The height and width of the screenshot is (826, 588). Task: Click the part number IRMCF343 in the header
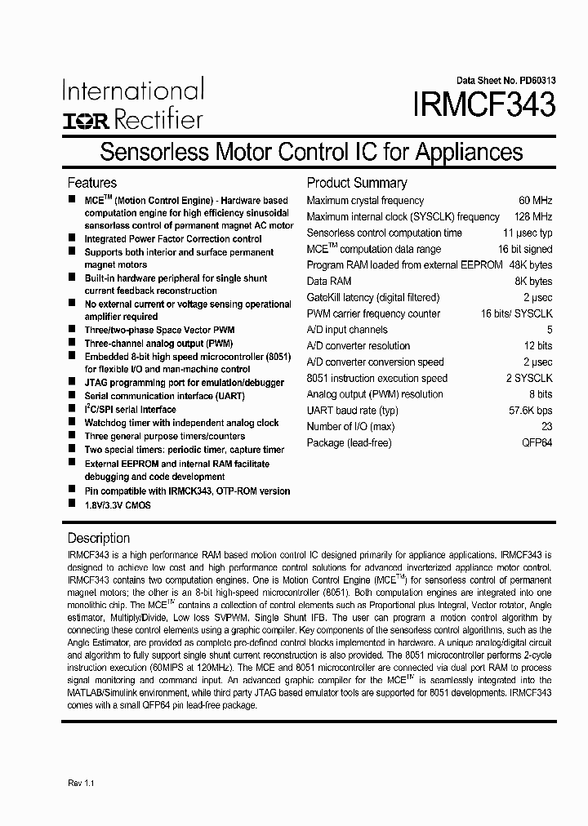click(485, 105)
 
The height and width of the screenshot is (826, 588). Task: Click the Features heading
click(91, 183)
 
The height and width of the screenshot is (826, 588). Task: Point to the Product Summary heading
click(356, 183)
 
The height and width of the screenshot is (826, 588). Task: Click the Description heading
click(98, 538)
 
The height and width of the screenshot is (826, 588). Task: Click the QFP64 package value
click(537, 443)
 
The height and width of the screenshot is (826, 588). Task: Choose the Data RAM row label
click(329, 282)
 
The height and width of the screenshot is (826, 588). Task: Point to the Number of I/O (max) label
click(350, 427)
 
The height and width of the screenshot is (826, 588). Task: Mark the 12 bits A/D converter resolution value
click(537, 346)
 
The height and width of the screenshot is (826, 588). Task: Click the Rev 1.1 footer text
click(81, 783)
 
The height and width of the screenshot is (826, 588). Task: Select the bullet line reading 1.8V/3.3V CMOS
click(118, 505)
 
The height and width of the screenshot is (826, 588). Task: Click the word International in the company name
click(133, 91)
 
